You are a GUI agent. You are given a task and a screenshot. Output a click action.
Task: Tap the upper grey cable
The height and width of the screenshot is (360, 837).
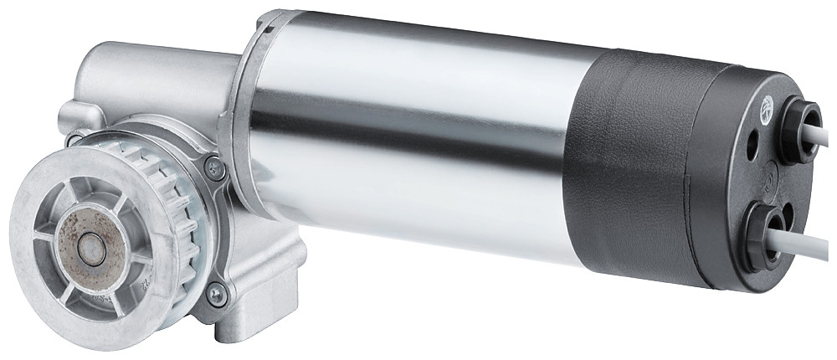click(x=824, y=138)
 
